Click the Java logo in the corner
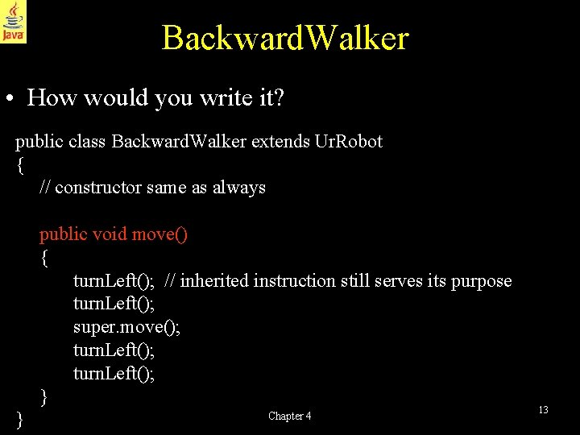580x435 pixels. tap(13, 21)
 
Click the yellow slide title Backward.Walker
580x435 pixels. tap(285, 38)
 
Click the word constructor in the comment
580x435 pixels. tap(100, 188)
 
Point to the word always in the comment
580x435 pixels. tap(239, 188)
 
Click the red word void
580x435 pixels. tap(110, 234)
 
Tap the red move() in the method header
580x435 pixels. tap(159, 234)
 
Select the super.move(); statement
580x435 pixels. tap(126, 328)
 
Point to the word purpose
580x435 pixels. tap(481, 281)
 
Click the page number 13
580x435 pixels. tap(543, 410)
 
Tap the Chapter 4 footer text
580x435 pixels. tap(289, 416)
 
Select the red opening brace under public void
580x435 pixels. tap(44, 258)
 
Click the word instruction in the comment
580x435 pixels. tap(292, 281)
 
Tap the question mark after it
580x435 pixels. tap(279, 98)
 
